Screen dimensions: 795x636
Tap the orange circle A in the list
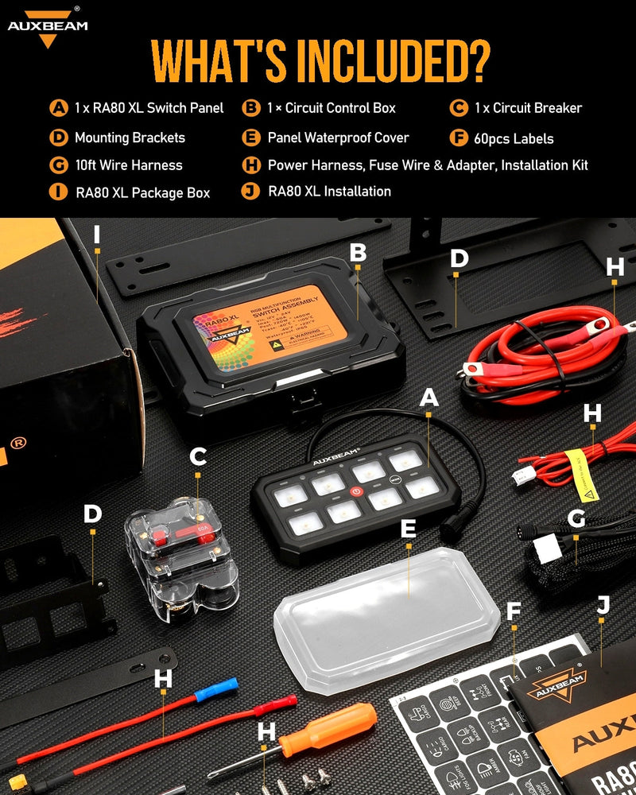58,108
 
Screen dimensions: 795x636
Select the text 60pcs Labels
514,138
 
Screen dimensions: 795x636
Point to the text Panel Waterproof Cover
338,138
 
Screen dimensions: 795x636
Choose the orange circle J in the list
251,191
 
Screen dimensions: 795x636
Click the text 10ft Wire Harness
128,165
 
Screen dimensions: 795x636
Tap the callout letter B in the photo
359,252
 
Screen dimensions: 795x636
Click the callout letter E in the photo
409,529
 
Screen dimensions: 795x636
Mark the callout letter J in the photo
603,606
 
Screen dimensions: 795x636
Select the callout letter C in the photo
198,456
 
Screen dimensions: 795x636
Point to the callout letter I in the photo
96,235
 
